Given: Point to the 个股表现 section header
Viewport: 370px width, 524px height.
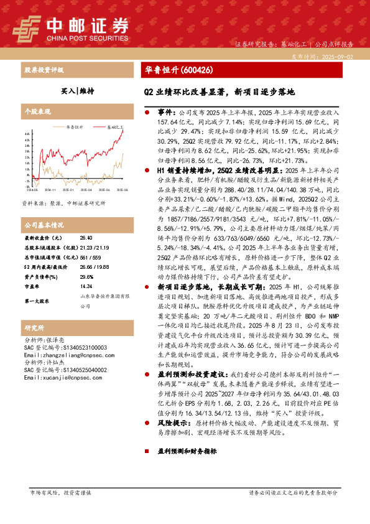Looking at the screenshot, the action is (x=37, y=112).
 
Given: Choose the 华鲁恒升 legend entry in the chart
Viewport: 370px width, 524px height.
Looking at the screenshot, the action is (x=75, y=126).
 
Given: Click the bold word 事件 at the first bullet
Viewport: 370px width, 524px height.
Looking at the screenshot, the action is (x=165, y=113).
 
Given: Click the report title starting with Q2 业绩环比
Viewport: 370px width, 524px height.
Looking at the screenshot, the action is (x=216, y=91).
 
